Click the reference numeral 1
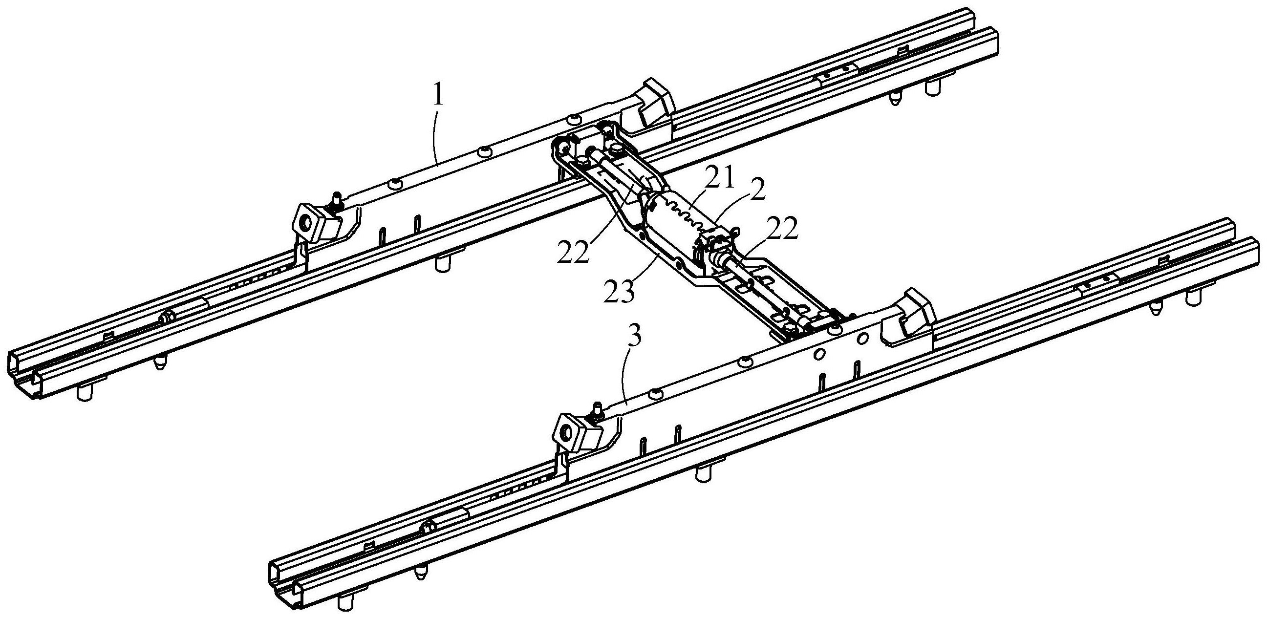pyautogui.click(x=438, y=95)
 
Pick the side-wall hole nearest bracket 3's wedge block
pyautogui.click(x=863, y=338)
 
